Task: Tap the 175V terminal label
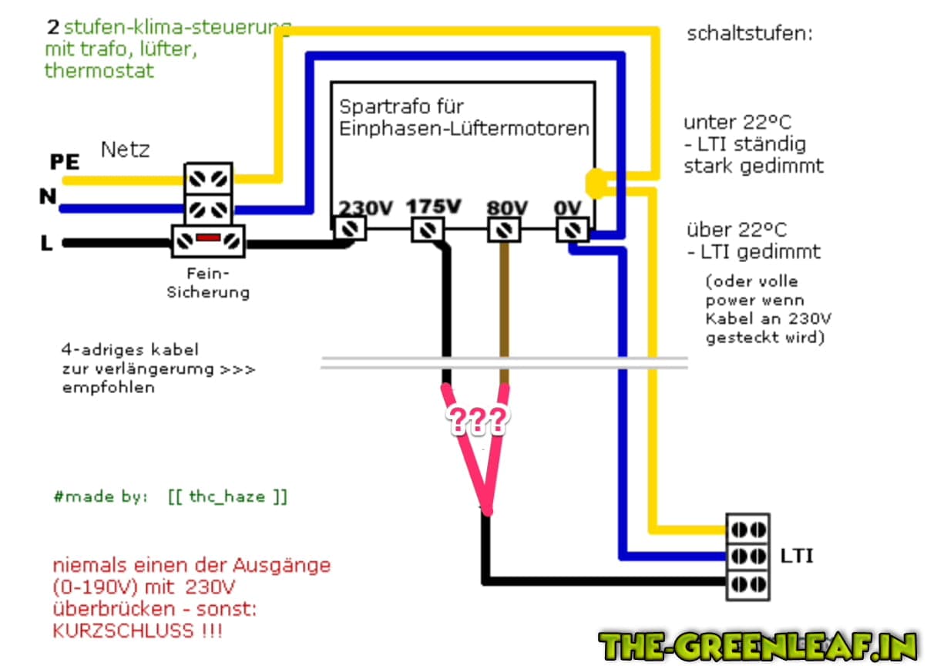[434, 207]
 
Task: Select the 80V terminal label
[507, 207]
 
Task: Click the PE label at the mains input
[65, 162]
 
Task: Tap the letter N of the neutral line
[48, 197]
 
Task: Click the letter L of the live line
[46, 244]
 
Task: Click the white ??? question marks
[479, 419]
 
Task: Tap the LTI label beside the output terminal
[796, 555]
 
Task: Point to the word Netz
[125, 150]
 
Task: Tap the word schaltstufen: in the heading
[749, 35]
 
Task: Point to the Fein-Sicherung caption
[208, 283]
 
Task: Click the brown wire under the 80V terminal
[505, 308]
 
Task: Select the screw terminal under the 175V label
[427, 229]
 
